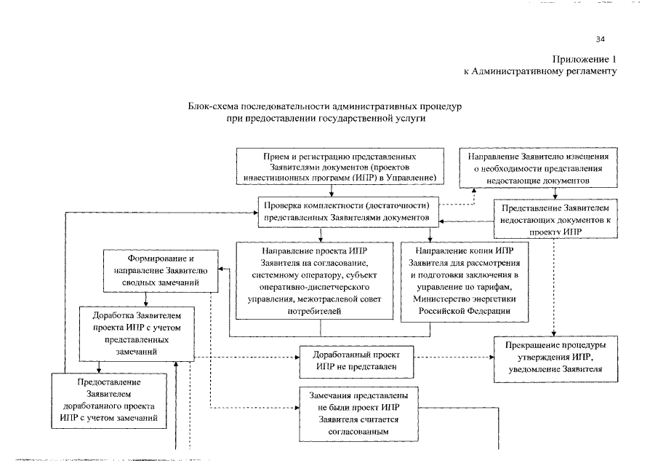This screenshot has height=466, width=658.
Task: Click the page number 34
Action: [x=600, y=39]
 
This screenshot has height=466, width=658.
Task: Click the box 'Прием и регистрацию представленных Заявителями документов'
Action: [x=339, y=167]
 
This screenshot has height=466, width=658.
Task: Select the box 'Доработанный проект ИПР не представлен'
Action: [x=356, y=360]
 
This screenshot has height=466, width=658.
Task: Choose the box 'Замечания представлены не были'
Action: [x=356, y=413]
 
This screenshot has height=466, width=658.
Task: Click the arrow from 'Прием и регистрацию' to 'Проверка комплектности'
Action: [x=332, y=190]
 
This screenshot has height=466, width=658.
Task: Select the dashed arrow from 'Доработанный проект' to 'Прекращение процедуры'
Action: [x=452, y=358]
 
